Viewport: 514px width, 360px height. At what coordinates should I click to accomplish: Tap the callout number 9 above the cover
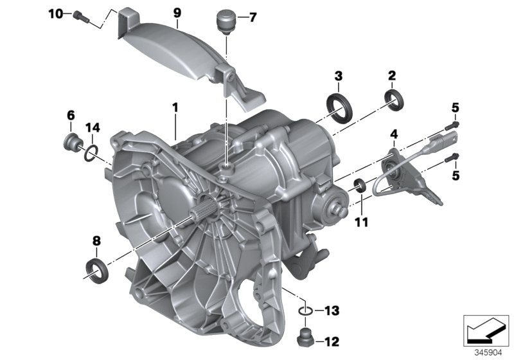(x=177, y=12)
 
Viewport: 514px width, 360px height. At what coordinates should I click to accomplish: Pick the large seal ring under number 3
(x=337, y=105)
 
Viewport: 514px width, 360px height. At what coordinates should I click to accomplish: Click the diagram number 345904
(x=487, y=353)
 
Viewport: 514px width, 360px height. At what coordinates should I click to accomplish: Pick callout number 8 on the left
(x=97, y=241)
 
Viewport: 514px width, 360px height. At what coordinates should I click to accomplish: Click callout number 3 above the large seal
(x=337, y=76)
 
